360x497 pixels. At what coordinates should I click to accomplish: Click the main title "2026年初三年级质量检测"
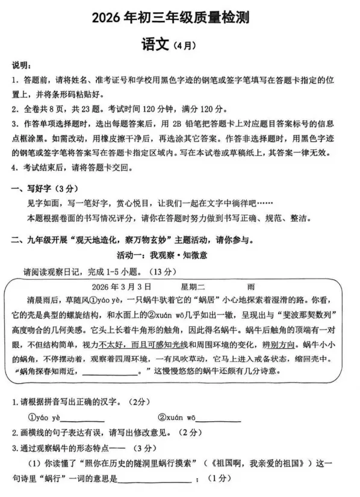coord(181,19)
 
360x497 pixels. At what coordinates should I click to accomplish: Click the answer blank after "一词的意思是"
coord(155,480)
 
